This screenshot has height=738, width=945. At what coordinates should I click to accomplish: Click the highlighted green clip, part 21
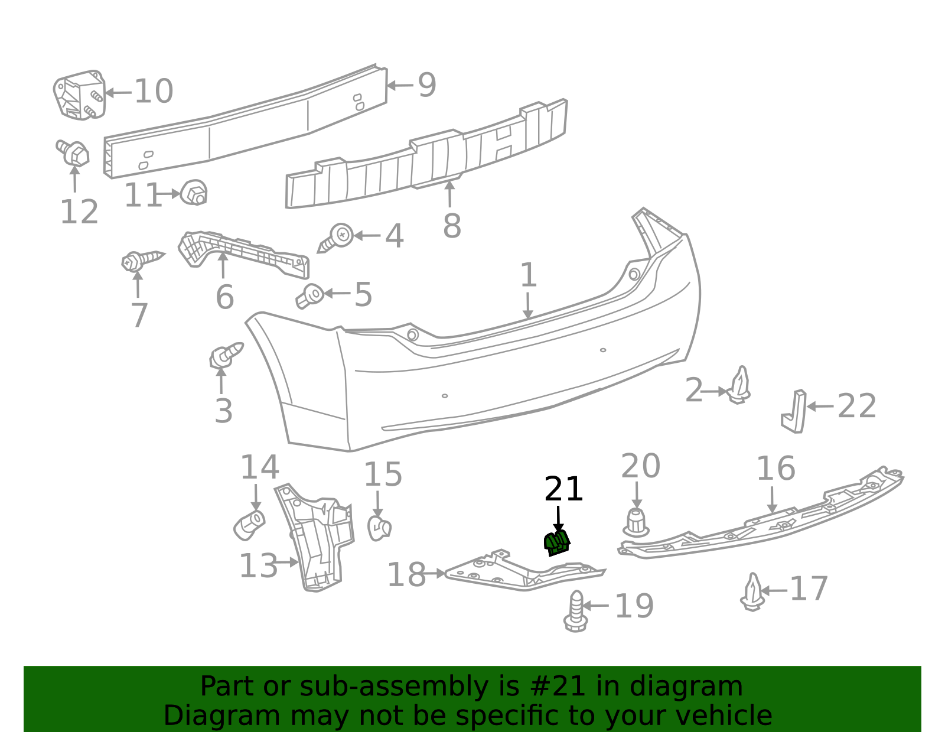click(556, 543)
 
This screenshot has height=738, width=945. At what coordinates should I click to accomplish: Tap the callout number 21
click(563, 489)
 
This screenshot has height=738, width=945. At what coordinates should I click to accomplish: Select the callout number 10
click(154, 92)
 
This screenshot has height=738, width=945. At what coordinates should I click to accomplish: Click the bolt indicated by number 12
click(73, 152)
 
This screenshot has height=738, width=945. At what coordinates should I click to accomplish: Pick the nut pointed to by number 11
click(194, 192)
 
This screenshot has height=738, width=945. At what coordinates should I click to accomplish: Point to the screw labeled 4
click(336, 238)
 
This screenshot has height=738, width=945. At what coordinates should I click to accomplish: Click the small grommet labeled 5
click(311, 295)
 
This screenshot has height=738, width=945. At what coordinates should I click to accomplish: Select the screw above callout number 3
click(226, 355)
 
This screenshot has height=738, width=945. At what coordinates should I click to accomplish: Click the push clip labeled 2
click(739, 385)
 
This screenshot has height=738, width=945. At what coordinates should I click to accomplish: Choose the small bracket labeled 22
click(794, 411)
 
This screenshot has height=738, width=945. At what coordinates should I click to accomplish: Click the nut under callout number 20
click(636, 523)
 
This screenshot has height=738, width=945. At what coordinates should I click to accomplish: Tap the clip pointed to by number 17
click(753, 592)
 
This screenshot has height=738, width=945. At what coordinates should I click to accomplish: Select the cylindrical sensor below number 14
click(249, 525)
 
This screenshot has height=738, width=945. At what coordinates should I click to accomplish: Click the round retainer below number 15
click(380, 528)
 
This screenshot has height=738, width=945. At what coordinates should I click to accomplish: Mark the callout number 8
click(452, 226)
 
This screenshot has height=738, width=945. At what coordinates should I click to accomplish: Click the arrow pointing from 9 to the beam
click(400, 85)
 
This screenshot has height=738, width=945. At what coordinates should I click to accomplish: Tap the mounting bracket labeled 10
click(80, 95)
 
